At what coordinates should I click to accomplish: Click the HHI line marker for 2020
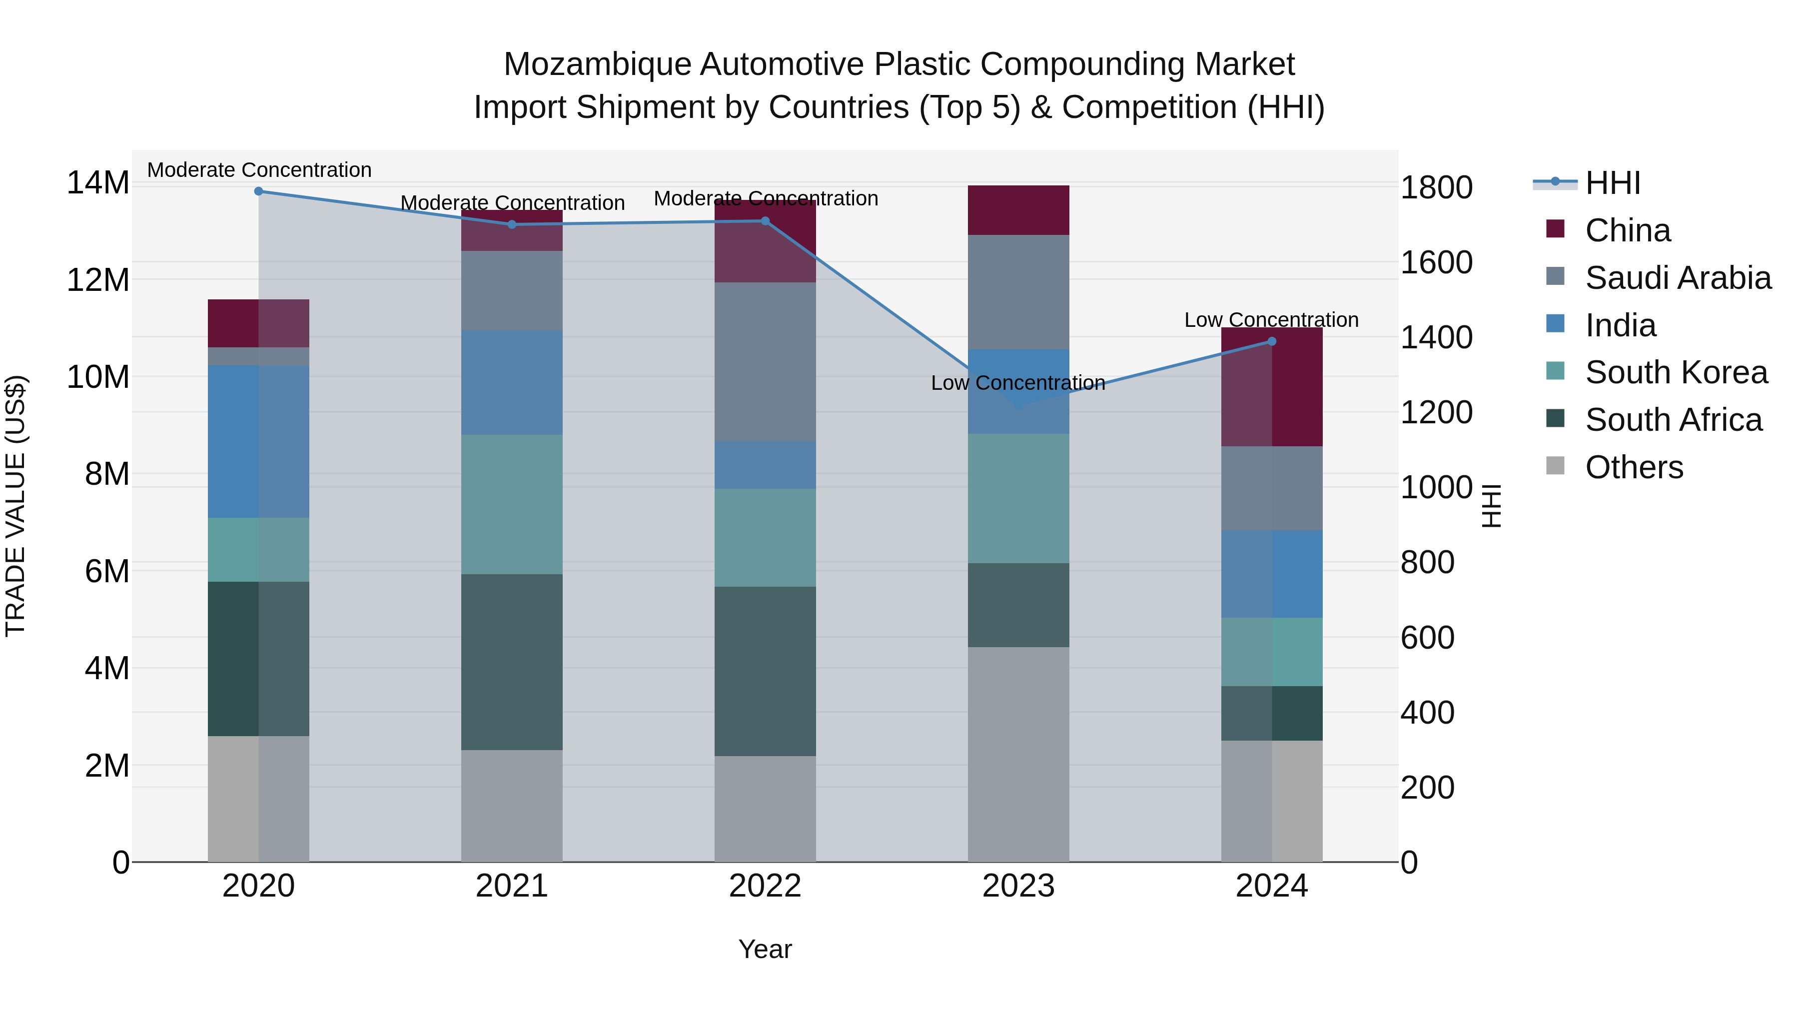pos(258,191)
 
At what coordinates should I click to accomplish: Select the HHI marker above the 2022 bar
pos(765,221)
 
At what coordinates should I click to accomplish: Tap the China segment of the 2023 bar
pos(1018,209)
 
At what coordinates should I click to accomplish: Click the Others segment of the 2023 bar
pos(1018,754)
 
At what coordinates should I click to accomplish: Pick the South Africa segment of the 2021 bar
pos(512,662)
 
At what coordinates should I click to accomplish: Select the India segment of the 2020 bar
pos(258,441)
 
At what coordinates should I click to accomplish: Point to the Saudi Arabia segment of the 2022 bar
pos(765,361)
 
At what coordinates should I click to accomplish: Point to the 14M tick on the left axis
pos(98,183)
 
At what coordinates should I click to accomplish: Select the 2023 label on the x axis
pos(1018,886)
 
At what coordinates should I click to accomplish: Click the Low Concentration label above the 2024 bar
pos(1271,320)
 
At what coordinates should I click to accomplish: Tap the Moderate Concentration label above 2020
pos(259,170)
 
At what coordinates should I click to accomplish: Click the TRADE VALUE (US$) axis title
pos(15,506)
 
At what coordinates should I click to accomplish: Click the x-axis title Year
pos(765,949)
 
